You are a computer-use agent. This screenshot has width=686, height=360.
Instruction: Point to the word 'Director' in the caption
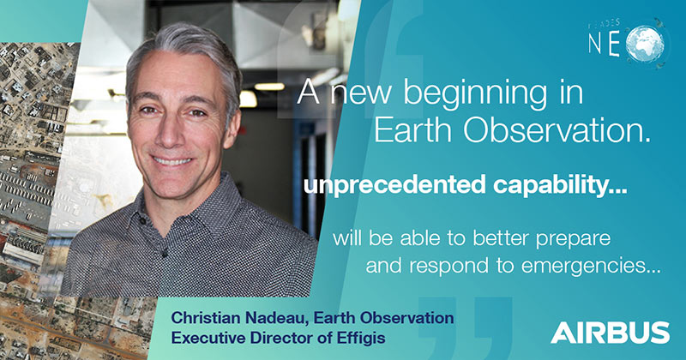(280, 337)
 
